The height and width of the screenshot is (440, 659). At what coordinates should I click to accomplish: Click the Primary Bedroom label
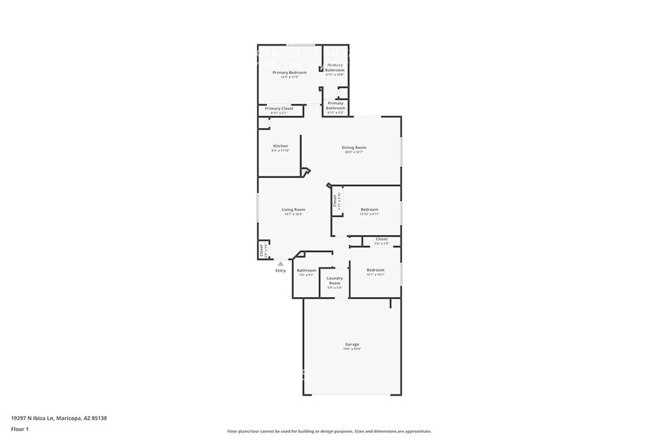point(294,72)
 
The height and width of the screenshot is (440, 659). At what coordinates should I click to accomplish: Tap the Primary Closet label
point(279,109)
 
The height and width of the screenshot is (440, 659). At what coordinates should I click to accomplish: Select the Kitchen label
point(280,146)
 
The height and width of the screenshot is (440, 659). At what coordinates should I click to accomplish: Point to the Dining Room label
point(354,147)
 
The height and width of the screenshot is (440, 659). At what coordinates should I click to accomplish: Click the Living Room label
point(294,210)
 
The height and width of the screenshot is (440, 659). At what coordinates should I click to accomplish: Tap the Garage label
point(352,344)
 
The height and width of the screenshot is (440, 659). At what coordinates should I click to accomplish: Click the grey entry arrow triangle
point(280,263)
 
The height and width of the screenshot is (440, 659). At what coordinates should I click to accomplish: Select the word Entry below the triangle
point(280,271)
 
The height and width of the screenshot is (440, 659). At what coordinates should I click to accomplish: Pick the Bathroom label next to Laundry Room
point(306,270)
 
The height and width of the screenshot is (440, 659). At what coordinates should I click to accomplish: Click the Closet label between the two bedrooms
point(381,239)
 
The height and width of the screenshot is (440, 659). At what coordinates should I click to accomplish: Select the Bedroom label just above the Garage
point(375,270)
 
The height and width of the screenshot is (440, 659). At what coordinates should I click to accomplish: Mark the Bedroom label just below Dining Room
point(369,210)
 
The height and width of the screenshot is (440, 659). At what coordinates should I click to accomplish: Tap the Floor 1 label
point(19,429)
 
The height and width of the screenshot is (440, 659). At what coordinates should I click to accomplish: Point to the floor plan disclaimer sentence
point(329,431)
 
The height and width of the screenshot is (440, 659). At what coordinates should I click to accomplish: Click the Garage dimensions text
point(352,349)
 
